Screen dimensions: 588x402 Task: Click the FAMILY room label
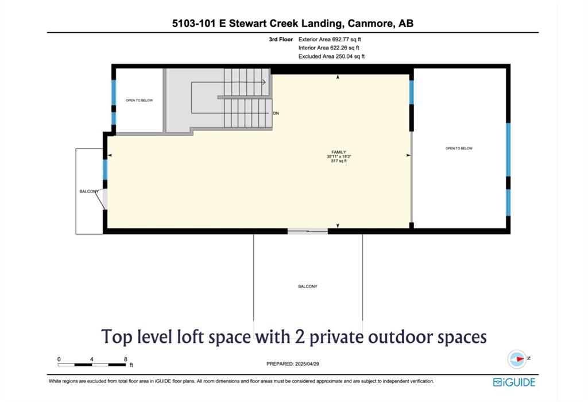(339, 152)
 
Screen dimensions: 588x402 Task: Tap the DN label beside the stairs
(276, 113)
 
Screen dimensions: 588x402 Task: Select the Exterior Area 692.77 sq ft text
(330, 39)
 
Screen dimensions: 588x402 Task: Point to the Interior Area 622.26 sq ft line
(329, 48)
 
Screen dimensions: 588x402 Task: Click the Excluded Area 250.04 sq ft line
(331, 56)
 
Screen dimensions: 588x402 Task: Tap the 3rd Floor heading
(280, 39)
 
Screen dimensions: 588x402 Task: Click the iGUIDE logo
(514, 382)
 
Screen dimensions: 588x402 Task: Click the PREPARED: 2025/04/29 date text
(292, 363)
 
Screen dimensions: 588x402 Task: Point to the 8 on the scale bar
(126, 359)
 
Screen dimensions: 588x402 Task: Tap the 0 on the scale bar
(59, 359)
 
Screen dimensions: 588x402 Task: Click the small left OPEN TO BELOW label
(139, 100)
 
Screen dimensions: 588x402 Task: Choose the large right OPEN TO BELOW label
(459, 148)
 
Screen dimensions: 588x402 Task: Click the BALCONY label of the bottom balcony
(308, 286)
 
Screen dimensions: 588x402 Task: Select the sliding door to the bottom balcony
(308, 231)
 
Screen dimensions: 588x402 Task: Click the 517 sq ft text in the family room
(339, 161)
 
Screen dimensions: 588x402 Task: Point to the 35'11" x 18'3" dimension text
(339, 156)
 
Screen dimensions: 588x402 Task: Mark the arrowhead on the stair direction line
(264, 82)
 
